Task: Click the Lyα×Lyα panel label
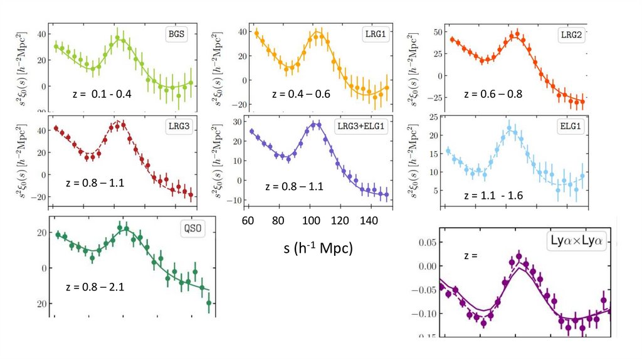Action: (579, 240)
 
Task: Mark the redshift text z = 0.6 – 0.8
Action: (493, 94)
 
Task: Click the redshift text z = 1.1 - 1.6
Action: (493, 195)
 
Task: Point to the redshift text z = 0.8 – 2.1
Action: (95, 287)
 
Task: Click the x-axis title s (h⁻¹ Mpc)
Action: (318, 248)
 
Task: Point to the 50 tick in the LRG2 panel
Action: (423, 32)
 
